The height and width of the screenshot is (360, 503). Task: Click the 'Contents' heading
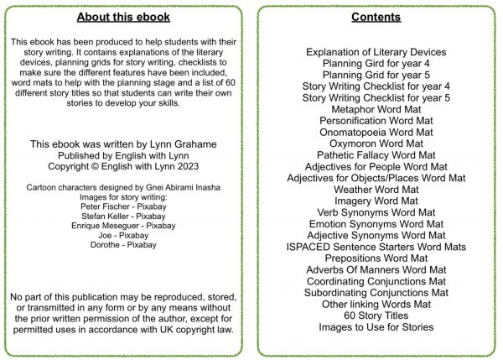(x=376, y=17)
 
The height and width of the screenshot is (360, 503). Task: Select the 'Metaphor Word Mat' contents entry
(x=376, y=109)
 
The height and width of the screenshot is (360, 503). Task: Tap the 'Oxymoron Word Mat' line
(x=376, y=143)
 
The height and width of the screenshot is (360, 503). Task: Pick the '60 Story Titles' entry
(x=376, y=316)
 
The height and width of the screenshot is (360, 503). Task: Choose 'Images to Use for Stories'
(x=376, y=326)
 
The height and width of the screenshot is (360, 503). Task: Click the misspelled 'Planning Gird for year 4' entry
(x=376, y=63)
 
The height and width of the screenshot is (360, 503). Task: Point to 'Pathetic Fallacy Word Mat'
(x=376, y=155)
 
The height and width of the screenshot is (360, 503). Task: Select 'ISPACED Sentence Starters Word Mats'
(x=376, y=247)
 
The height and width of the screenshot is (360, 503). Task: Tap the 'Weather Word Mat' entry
(x=376, y=190)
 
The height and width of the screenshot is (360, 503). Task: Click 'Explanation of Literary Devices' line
(x=376, y=52)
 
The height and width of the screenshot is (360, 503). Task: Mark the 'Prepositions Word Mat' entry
(x=376, y=258)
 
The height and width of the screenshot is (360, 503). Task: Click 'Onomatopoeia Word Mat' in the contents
(x=376, y=132)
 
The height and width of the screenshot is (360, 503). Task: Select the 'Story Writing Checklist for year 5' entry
(x=376, y=97)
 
